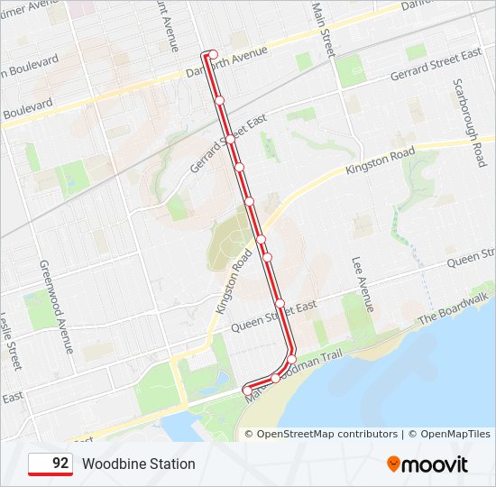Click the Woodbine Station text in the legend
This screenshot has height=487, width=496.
138,464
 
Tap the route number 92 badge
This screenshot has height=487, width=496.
51,464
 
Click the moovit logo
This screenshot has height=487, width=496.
427,464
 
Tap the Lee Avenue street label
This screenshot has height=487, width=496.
363,283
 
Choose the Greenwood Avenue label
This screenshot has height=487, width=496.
56,307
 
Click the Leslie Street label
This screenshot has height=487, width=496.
11,342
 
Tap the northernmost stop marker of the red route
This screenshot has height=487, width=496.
214,54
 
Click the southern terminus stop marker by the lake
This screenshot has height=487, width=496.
246,389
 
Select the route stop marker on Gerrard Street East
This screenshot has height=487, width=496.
230,140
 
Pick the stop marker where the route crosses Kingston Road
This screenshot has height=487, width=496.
261,239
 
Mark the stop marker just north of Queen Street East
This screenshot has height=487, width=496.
280,302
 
